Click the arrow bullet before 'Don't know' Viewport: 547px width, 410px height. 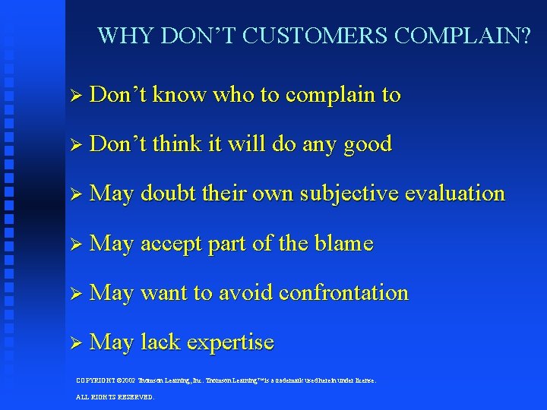click(74, 96)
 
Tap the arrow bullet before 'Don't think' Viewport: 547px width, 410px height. click(74, 145)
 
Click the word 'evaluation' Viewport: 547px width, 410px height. click(455, 194)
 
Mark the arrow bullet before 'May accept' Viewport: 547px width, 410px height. click(74, 244)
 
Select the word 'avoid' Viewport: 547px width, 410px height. click(244, 293)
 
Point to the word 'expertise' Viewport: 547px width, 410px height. click(231, 343)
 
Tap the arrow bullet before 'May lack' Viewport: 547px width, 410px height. click(74, 343)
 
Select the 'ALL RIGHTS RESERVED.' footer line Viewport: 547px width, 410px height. click(115, 397)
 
